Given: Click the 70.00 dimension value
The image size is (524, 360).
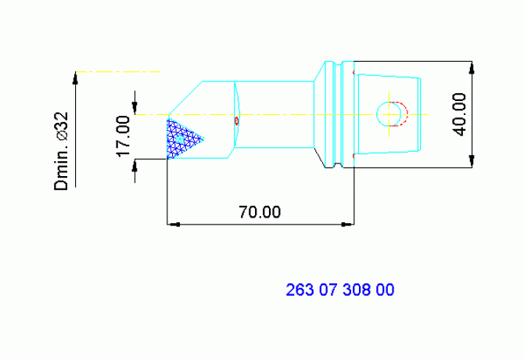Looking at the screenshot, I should click(x=260, y=212).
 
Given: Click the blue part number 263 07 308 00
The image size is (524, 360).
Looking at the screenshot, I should click(x=340, y=290).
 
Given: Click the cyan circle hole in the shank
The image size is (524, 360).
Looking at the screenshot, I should click(x=389, y=114).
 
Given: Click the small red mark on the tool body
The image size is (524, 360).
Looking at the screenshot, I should click(x=237, y=121).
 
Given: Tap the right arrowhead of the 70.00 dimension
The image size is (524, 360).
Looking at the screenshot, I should click(x=348, y=225).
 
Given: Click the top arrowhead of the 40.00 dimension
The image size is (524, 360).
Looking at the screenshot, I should click(x=472, y=67).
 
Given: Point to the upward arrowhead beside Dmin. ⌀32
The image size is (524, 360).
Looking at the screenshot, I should click(x=76, y=77).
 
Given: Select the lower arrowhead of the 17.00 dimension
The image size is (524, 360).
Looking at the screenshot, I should click(x=135, y=164).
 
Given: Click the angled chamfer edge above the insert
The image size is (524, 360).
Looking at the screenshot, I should click(x=186, y=97).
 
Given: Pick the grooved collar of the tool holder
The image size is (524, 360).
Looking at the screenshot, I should click(x=335, y=114).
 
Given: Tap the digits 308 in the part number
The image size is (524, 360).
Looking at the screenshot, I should click(x=353, y=290).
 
